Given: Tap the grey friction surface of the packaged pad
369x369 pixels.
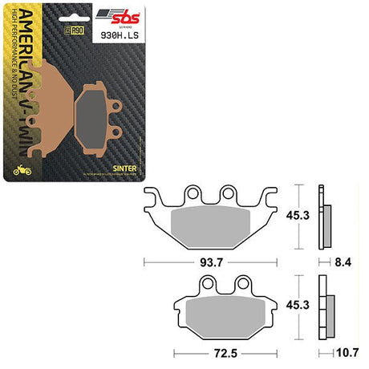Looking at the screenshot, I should coord(95,108).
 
